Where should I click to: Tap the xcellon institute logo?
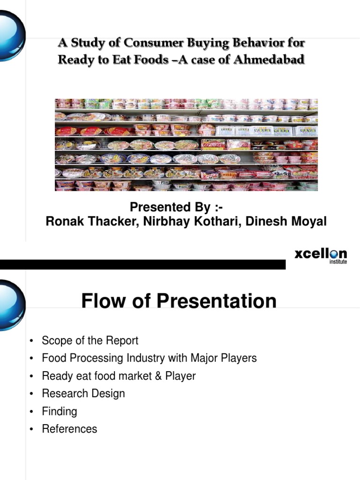pyautogui.click(x=321, y=256)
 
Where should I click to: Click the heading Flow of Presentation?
pyautogui.click(x=179, y=301)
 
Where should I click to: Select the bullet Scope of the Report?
pyautogui.click(x=90, y=340)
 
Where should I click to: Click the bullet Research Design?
pyautogui.click(x=83, y=393)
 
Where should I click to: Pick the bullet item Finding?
pyautogui.click(x=60, y=411)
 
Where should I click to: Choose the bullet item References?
pyautogui.click(x=69, y=429)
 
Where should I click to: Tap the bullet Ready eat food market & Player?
pyautogui.click(x=119, y=376)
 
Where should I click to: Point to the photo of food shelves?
pyautogui.click(x=186, y=144)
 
